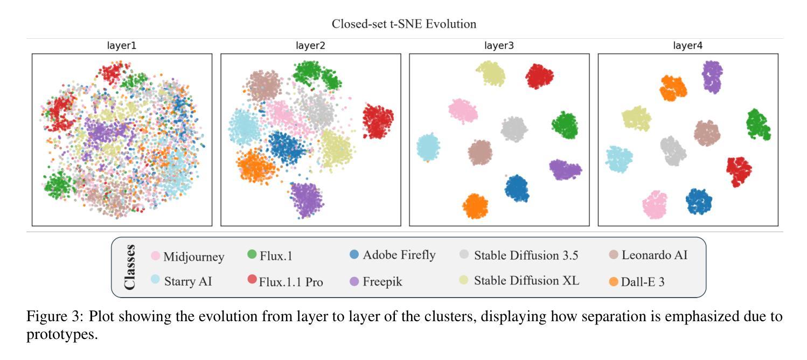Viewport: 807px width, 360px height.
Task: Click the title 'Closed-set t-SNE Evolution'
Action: (403, 24)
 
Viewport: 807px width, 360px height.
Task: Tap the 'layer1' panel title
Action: (122, 46)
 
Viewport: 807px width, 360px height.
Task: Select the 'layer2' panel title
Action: (310, 46)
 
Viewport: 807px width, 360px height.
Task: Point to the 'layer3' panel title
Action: (499, 46)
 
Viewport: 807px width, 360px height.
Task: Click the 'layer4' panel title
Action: (687, 46)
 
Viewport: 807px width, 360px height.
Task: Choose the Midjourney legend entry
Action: (193, 257)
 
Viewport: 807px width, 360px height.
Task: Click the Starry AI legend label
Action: (187, 281)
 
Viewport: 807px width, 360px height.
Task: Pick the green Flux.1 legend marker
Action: (252, 254)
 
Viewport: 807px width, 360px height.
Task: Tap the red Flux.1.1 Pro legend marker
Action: (252, 279)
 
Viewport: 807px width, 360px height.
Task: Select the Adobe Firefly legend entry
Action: (399, 255)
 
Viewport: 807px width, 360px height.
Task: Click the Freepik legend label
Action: (382, 281)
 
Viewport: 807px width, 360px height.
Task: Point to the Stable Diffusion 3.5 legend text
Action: (526, 255)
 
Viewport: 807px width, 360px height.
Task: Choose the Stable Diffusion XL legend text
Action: (526, 280)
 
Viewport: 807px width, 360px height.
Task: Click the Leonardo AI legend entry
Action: (654, 255)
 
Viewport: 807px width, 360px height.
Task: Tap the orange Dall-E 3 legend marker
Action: (614, 281)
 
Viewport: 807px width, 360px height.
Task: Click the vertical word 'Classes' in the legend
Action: (129, 267)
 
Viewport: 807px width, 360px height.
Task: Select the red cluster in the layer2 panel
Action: (378, 121)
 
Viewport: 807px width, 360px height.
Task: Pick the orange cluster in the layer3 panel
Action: (475, 206)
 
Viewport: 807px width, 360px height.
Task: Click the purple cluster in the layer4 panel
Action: (712, 77)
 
